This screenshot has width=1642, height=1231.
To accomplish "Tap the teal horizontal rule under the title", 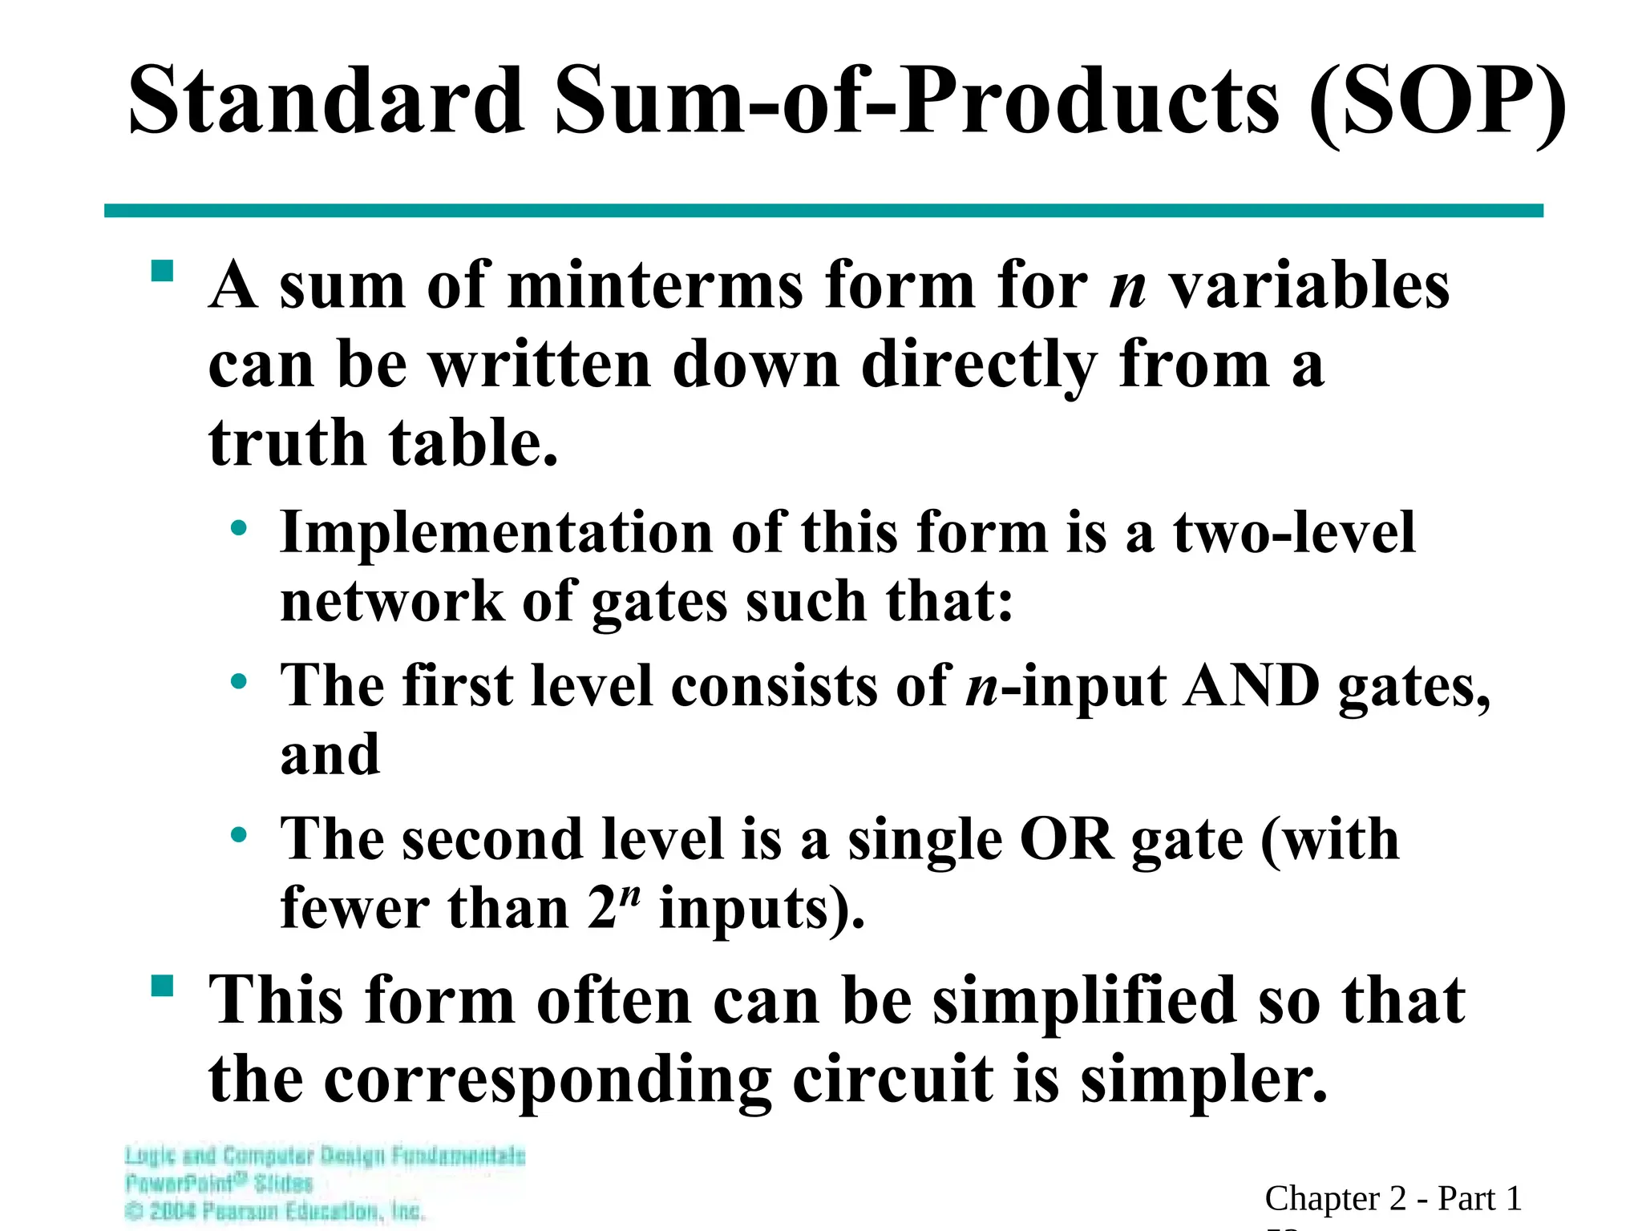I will [x=823, y=211].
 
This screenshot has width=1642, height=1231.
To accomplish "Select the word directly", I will [x=978, y=365].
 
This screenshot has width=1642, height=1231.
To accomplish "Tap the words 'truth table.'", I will [x=382, y=443].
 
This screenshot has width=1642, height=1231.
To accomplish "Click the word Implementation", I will [x=496, y=533].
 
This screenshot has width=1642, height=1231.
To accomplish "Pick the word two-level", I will [x=1294, y=533].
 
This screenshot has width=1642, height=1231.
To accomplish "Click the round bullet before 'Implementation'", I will [x=238, y=528].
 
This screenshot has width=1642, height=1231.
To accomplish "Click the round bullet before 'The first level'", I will [x=238, y=682].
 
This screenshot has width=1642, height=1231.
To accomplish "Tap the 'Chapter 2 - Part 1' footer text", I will [x=1393, y=1199].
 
